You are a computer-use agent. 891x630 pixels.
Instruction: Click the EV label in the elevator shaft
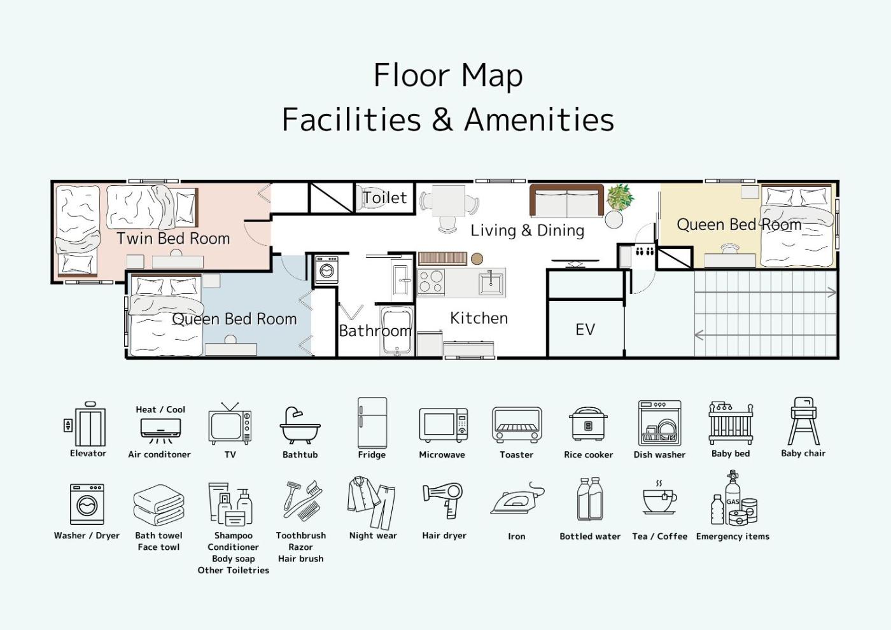(x=585, y=330)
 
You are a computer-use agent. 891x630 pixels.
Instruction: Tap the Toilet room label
(x=385, y=198)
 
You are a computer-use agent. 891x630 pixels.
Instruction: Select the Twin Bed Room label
(x=173, y=239)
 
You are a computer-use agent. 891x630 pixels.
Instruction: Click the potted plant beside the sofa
(x=620, y=197)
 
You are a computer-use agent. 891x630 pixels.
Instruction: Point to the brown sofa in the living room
(x=566, y=201)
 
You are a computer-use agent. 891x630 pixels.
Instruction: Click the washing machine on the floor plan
(x=326, y=270)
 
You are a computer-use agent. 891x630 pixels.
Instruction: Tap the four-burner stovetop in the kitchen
(x=431, y=282)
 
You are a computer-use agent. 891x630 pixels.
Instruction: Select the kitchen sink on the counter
(x=491, y=282)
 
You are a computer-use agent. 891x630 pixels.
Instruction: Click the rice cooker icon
(x=588, y=424)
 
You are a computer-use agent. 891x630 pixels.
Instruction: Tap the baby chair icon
(x=803, y=421)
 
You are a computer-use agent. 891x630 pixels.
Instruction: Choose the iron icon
(x=517, y=499)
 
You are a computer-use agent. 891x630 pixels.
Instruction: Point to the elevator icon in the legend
(x=85, y=424)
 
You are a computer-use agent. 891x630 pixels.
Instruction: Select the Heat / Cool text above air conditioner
(x=160, y=410)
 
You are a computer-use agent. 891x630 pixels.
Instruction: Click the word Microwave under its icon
(x=442, y=454)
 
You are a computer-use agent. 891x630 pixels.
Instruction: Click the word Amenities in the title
(x=540, y=120)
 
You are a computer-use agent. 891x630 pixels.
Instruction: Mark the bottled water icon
(x=591, y=499)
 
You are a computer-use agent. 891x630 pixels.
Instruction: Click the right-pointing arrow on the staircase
(x=765, y=293)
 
